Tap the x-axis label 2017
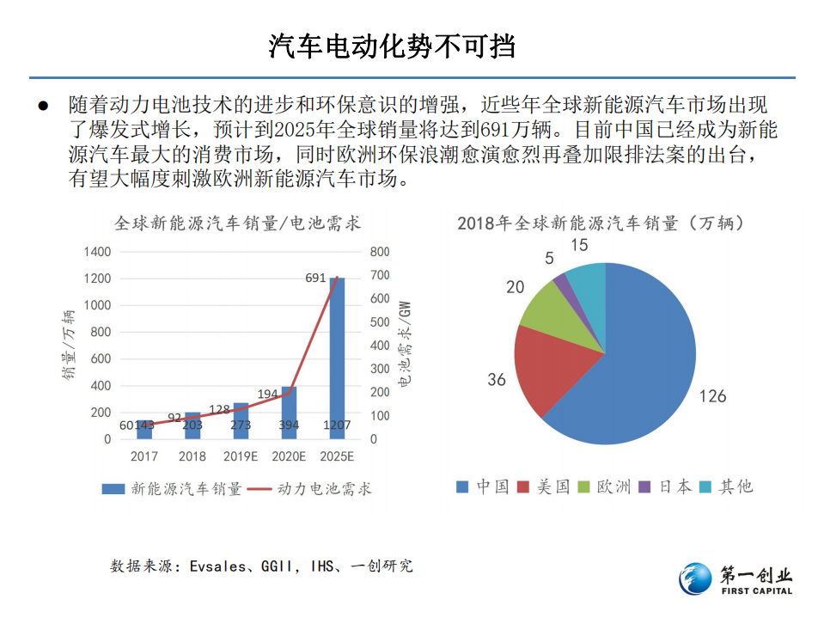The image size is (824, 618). pyautogui.click(x=143, y=456)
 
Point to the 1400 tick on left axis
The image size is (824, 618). pyautogui.click(x=96, y=252)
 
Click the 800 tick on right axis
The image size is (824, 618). pyautogui.click(x=379, y=252)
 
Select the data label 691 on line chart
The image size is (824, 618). pyautogui.click(x=315, y=278)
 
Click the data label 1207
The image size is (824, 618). pyautogui.click(x=337, y=425)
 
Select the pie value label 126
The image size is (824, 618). pyautogui.click(x=712, y=396)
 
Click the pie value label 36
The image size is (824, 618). pyautogui.click(x=497, y=379)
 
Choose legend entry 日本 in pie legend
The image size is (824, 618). pyautogui.click(x=674, y=486)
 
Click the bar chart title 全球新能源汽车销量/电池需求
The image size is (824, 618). pyautogui.click(x=238, y=223)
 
